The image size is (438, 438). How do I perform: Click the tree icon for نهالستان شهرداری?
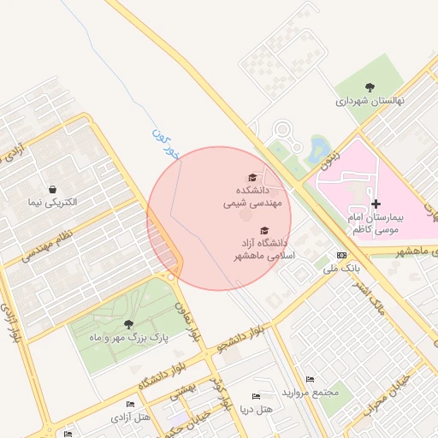[x=370, y=86]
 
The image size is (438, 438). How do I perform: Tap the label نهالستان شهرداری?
[x=370, y=100]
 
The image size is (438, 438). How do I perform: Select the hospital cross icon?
[x=376, y=204]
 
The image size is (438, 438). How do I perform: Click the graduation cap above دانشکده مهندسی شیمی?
[x=252, y=177]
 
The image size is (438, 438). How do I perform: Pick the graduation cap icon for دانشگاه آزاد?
[x=264, y=231]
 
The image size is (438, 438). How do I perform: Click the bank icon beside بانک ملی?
[x=342, y=255]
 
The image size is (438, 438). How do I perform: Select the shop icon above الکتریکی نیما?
[x=53, y=189]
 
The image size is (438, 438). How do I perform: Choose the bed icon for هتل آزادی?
[x=130, y=405]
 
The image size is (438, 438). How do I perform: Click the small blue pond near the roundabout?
[x=320, y=147]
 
